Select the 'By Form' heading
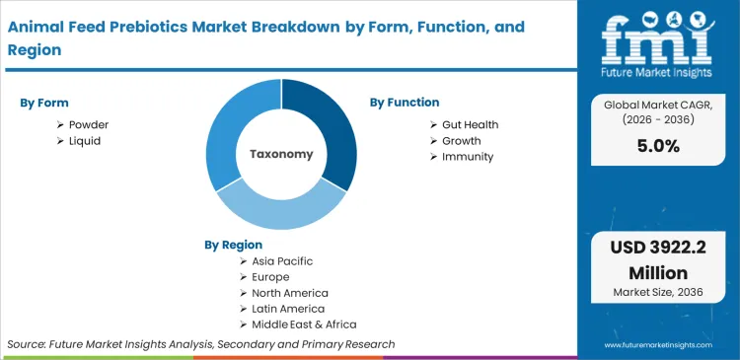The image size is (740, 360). tap(44, 103)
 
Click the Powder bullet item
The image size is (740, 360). tap(89, 124)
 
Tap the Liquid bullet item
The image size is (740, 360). tap(85, 141)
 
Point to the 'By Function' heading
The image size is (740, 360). tap(405, 103)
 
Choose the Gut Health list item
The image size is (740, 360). tap(470, 124)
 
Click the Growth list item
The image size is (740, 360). tap(462, 141)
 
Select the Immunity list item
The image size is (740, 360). tap(468, 157)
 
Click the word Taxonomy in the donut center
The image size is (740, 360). tap(281, 154)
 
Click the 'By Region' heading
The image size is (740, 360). tap(233, 245)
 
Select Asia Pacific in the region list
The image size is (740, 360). tap(281, 261)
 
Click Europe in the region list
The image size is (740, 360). tap(269, 277)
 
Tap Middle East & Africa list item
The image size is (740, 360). tap(302, 324)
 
